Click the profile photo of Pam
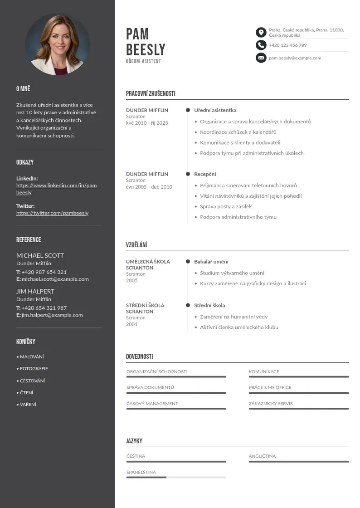[57, 44]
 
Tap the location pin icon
[261, 32]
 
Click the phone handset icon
[261, 45]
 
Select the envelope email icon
[261, 58]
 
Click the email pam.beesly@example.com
[295, 58]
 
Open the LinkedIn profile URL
[56, 189]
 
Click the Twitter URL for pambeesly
[52, 213]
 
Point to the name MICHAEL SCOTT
[40, 255]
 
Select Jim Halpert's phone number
[44, 308]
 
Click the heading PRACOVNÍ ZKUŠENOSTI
[151, 93]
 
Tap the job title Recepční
[205, 174]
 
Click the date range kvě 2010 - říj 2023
[147, 123]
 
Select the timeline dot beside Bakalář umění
[188, 262]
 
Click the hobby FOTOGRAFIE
[34, 369]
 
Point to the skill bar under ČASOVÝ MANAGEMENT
[176, 409]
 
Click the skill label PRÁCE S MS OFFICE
[270, 387]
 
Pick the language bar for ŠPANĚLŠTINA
[176, 477]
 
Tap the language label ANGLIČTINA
[262, 456]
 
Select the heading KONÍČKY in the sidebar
[26, 342]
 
